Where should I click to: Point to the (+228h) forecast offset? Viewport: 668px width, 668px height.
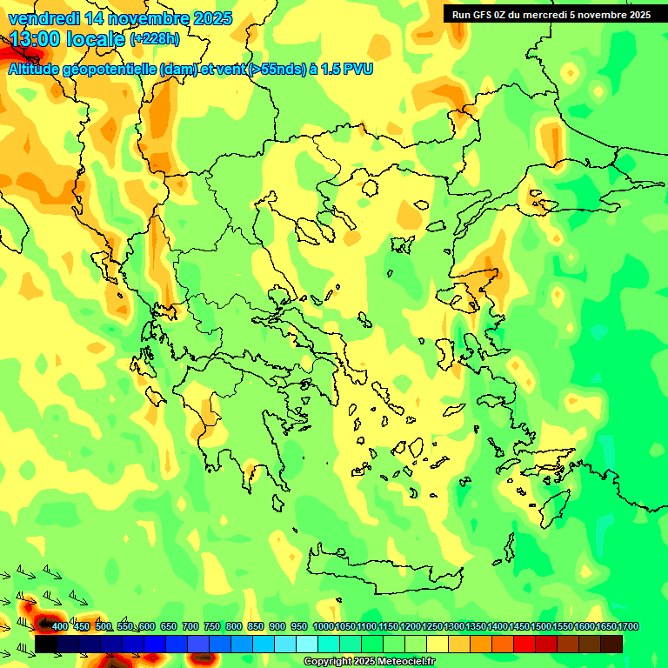coord(155,39)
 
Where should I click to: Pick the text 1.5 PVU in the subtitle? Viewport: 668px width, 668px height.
coord(347,70)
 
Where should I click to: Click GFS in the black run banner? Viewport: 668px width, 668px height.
coord(484,15)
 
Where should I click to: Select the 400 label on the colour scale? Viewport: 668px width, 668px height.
coord(60,626)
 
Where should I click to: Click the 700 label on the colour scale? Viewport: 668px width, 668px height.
coord(190,626)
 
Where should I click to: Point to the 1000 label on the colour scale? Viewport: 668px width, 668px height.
coord(323,626)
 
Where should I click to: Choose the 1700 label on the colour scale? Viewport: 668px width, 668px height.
coord(628,626)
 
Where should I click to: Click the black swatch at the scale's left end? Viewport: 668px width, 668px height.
coord(47,644)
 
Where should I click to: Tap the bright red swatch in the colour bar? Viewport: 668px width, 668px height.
coord(524,644)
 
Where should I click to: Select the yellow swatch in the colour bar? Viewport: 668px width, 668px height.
coord(438,644)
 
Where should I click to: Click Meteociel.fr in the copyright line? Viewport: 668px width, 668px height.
coord(408,662)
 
